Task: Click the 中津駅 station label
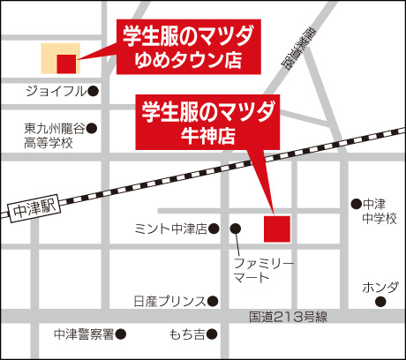[x=36, y=209]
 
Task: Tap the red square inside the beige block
[x=65, y=63]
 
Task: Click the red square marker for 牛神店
[x=276, y=227]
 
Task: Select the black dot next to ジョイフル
[x=93, y=90]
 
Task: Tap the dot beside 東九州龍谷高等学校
[x=92, y=129]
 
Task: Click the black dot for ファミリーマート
[x=236, y=229]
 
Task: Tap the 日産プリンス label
[x=169, y=301]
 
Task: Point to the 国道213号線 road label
[x=286, y=317]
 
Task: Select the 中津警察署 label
[x=83, y=334]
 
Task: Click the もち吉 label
[x=186, y=334]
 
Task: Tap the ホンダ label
[x=380, y=288]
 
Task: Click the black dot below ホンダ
[x=380, y=303]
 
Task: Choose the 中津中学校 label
[x=380, y=210]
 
